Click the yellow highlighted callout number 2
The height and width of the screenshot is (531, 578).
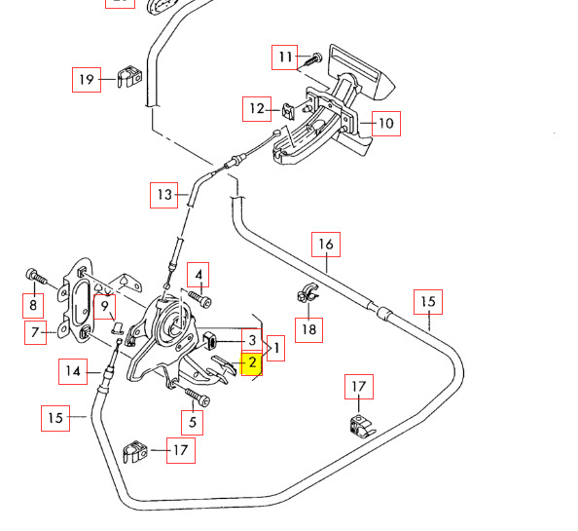click(x=251, y=363)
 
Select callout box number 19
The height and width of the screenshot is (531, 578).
click(x=87, y=80)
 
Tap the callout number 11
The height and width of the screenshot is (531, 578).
click(x=285, y=57)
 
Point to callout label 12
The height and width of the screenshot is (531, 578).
click(x=257, y=109)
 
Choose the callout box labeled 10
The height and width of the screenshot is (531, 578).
click(x=386, y=124)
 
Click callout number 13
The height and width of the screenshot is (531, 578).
click(x=164, y=195)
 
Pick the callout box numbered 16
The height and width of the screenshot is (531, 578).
click(x=326, y=245)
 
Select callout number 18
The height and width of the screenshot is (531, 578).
click(x=308, y=330)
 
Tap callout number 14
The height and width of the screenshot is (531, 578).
click(x=73, y=371)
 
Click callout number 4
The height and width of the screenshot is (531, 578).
click(x=198, y=275)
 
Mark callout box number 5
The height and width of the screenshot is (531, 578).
click(x=192, y=422)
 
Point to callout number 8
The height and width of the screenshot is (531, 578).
click(x=33, y=306)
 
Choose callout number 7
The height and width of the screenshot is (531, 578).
click(x=35, y=332)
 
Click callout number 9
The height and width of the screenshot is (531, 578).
click(x=105, y=307)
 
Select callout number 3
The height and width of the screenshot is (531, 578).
click(x=252, y=340)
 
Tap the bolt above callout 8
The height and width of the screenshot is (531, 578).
click(x=37, y=278)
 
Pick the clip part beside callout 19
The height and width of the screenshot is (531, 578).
click(x=129, y=77)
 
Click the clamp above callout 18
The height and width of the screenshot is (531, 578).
click(x=307, y=292)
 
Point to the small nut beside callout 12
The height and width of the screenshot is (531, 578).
click(x=289, y=111)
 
